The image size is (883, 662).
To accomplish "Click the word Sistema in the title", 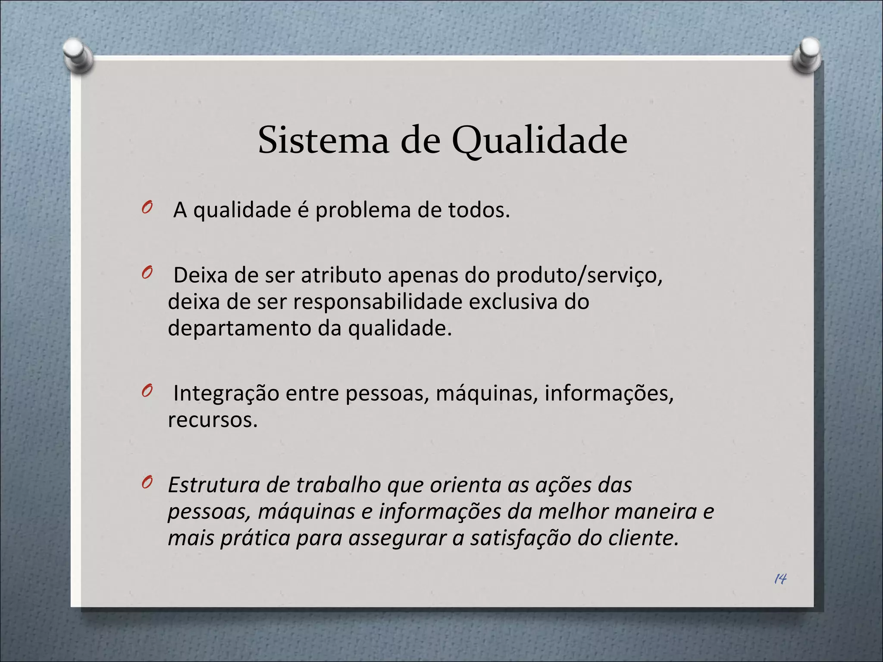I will pos(323,141).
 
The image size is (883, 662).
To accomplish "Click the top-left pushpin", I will pos(78,55).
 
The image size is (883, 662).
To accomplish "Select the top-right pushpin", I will pos(807,55).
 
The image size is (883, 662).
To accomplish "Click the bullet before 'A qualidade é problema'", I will pos(147,208).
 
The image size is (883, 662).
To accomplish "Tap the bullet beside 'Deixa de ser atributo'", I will pos(147,273).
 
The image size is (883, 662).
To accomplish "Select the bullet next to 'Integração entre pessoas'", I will pos(147,391).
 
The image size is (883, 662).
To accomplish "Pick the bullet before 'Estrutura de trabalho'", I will pos(147,483).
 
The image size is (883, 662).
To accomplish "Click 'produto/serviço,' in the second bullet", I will pos(579,276).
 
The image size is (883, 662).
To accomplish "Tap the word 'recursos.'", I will pos(213,420).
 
